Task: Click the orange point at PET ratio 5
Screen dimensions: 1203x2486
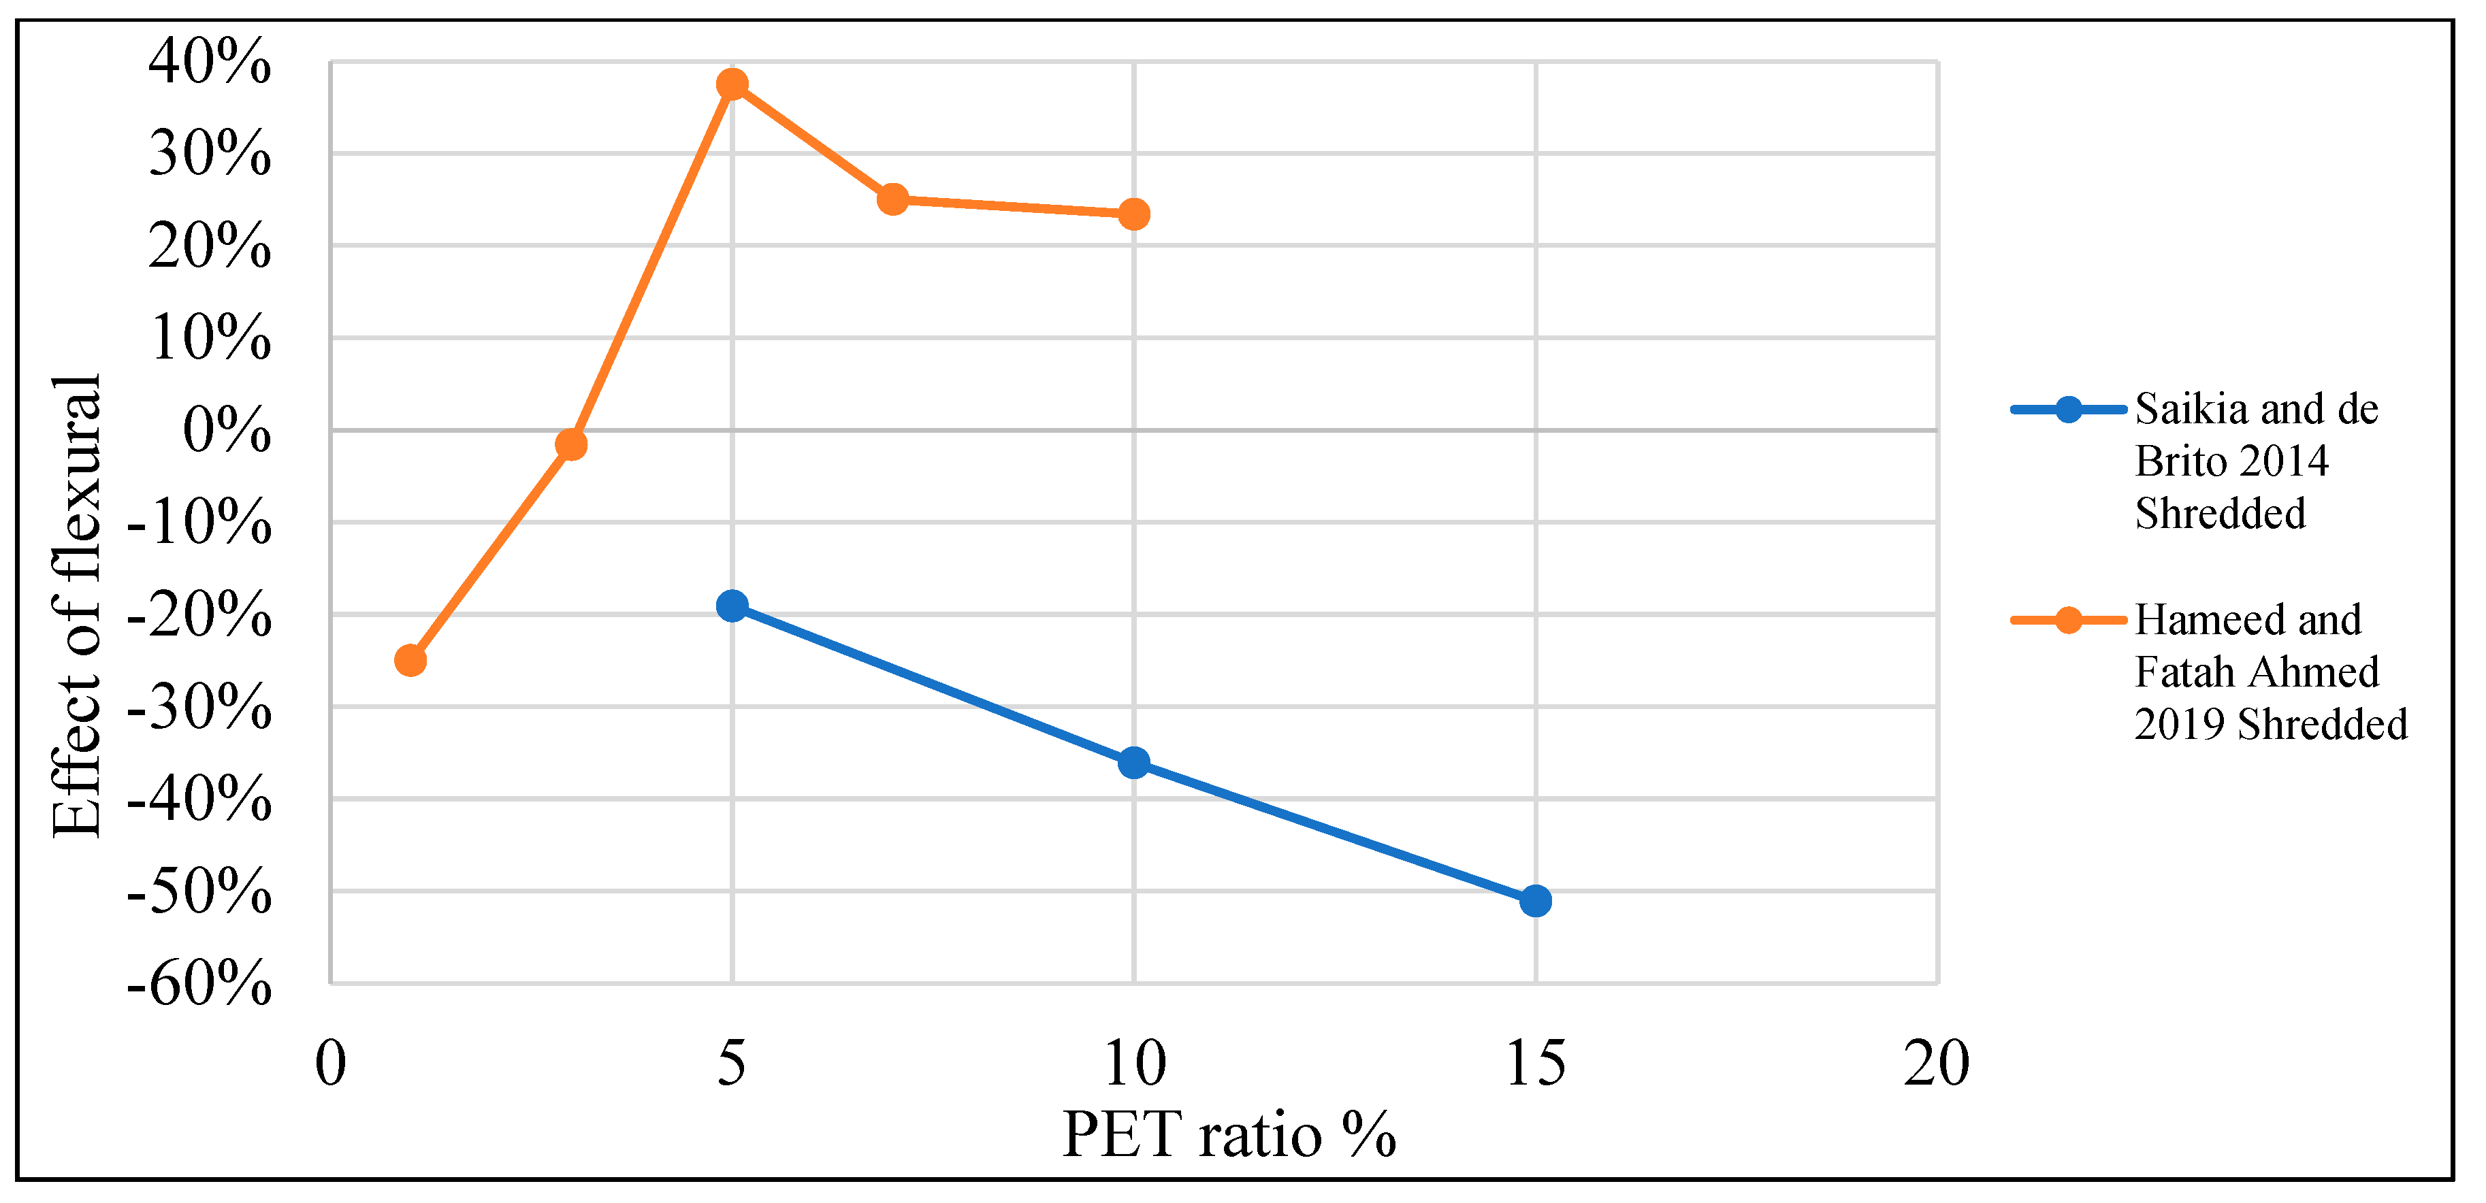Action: pos(732,84)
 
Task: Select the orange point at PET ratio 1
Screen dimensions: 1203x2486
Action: pos(411,661)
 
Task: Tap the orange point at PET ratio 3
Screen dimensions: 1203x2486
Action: pos(571,445)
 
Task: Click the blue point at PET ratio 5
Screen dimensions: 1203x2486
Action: pos(732,606)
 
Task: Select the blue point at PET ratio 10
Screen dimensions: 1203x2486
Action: pos(1134,763)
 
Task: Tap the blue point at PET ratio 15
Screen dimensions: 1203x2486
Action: pos(1536,901)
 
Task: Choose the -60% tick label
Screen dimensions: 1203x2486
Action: pos(199,984)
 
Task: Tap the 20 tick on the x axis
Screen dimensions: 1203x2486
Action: pos(1936,1063)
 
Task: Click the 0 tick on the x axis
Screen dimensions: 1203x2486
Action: pos(331,1063)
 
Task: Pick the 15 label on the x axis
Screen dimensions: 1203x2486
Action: pos(1536,1063)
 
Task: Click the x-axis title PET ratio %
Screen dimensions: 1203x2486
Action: pos(1229,1134)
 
